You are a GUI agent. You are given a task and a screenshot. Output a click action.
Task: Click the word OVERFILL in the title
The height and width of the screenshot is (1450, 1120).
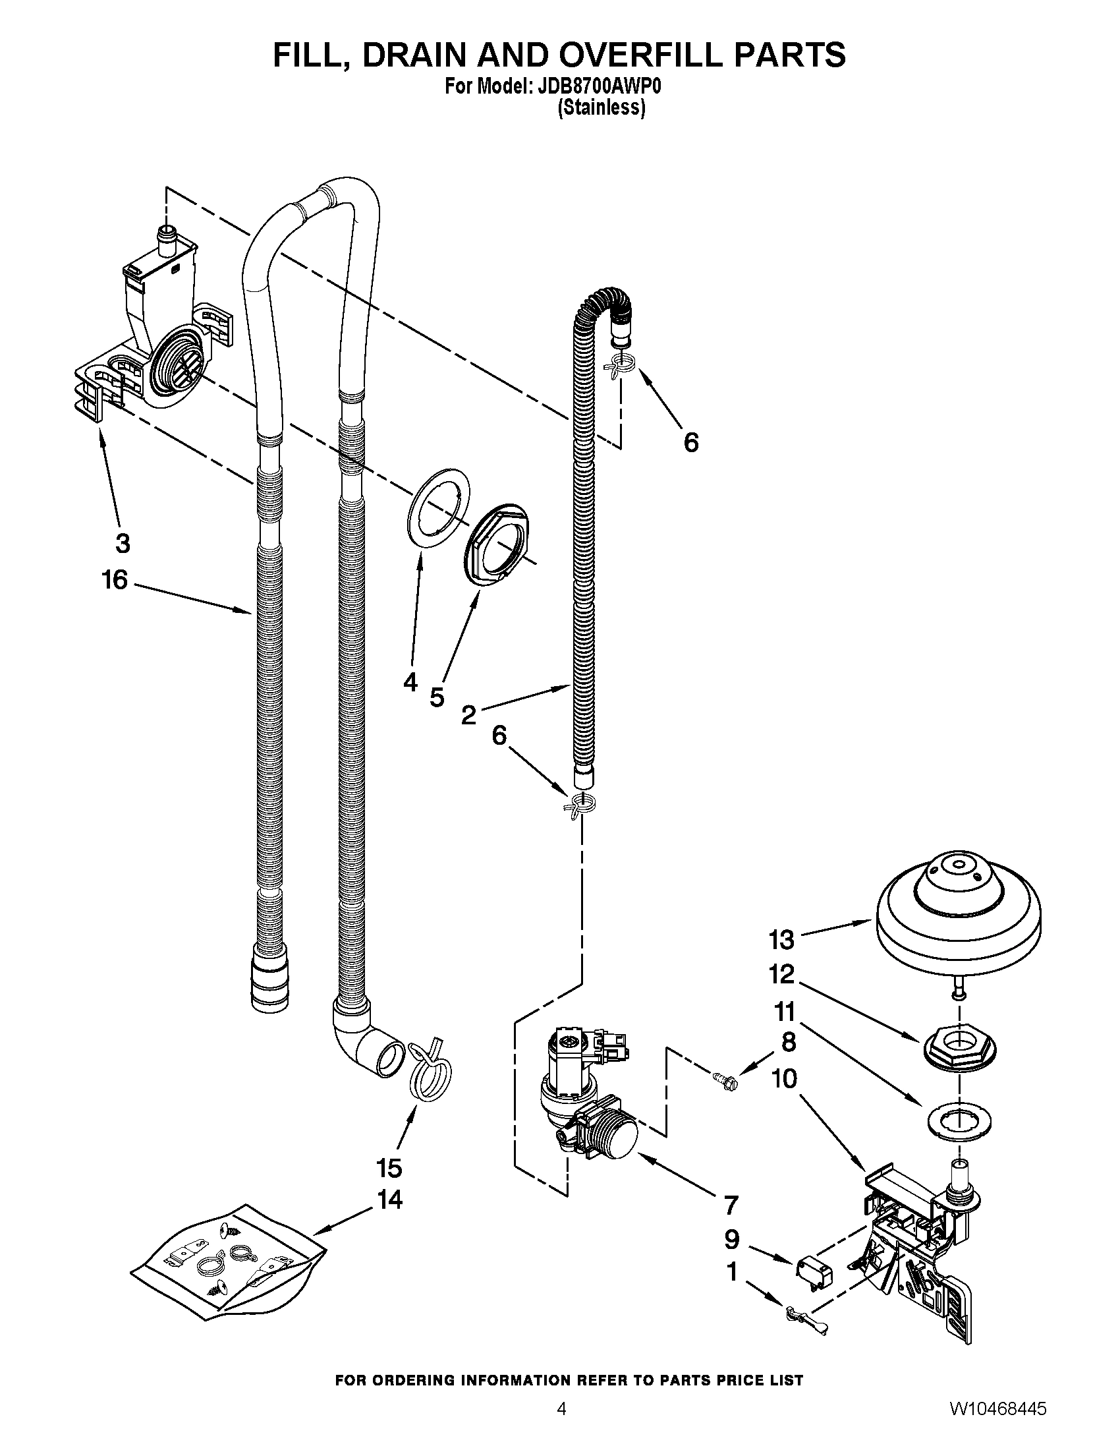[x=641, y=55]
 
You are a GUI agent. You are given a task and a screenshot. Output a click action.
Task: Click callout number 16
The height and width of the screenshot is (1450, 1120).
[x=114, y=579]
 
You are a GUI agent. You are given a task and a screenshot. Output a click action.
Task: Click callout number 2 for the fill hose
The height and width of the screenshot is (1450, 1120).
[x=468, y=715]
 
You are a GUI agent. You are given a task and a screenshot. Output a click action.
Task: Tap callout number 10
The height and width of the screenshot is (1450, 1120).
[x=784, y=1079]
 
